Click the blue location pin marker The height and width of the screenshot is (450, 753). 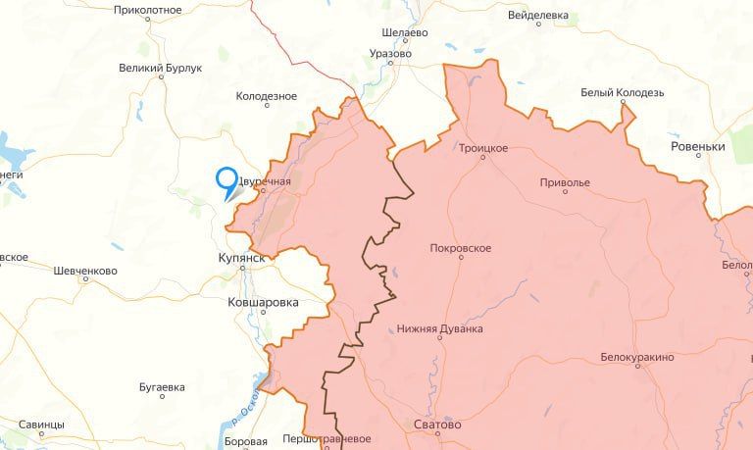227,181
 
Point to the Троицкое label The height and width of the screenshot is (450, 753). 483,148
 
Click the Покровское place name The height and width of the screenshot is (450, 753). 460,248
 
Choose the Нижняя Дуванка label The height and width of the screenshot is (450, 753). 440,328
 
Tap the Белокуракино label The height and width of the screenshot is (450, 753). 637,357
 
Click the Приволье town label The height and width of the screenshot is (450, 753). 565,182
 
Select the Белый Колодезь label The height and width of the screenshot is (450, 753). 623,92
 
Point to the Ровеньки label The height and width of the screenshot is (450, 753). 697,146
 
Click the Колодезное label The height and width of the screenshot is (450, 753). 267,96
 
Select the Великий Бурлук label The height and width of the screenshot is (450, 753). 160,68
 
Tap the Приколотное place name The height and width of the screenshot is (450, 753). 148,9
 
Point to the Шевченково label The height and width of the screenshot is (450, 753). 85,271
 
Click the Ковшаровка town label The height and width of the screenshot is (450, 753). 262,303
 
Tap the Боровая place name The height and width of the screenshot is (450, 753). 245,442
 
